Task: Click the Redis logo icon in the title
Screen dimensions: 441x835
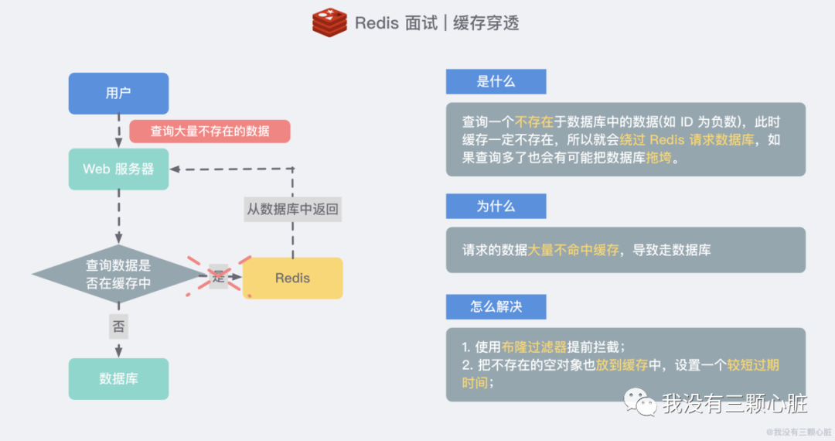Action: (329, 22)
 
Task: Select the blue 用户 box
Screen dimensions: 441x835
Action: (118, 93)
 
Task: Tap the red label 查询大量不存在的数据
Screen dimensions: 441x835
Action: (210, 131)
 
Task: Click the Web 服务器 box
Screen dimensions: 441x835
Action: (118, 169)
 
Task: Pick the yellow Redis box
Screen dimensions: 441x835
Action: (292, 278)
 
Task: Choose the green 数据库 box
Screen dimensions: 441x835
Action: (118, 378)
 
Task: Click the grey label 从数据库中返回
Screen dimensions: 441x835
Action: (292, 209)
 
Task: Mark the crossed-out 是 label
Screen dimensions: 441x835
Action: (218, 276)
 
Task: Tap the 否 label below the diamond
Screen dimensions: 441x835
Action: (118, 326)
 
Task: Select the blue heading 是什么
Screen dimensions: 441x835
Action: (496, 81)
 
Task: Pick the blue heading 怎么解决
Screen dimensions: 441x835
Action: (496, 306)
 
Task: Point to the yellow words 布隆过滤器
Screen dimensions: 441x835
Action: (533, 347)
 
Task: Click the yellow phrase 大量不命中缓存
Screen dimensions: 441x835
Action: (573, 250)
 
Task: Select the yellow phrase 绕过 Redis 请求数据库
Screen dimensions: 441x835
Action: (700, 140)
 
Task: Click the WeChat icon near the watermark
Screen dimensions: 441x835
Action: (641, 402)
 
